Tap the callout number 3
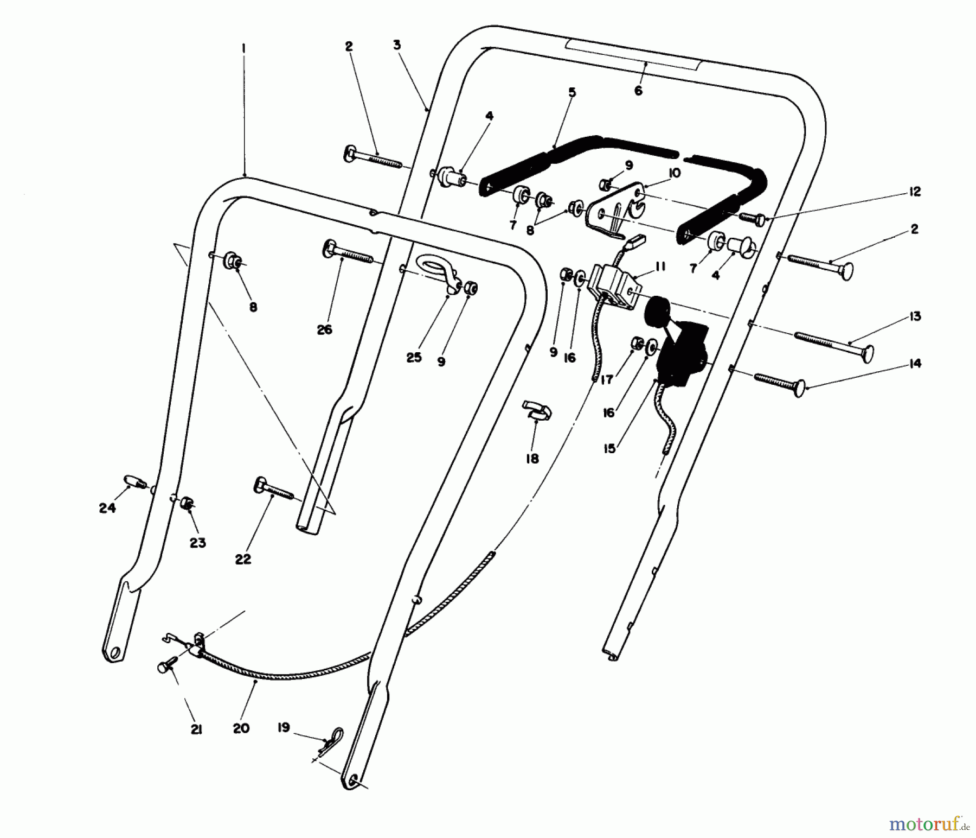[397, 45]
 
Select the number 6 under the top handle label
[638, 91]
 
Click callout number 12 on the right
[915, 192]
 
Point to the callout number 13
[915, 316]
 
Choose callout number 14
[915, 364]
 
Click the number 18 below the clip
[532, 459]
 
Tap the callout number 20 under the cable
[241, 728]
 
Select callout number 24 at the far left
[107, 508]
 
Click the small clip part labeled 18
[537, 411]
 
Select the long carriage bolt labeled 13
[835, 345]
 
